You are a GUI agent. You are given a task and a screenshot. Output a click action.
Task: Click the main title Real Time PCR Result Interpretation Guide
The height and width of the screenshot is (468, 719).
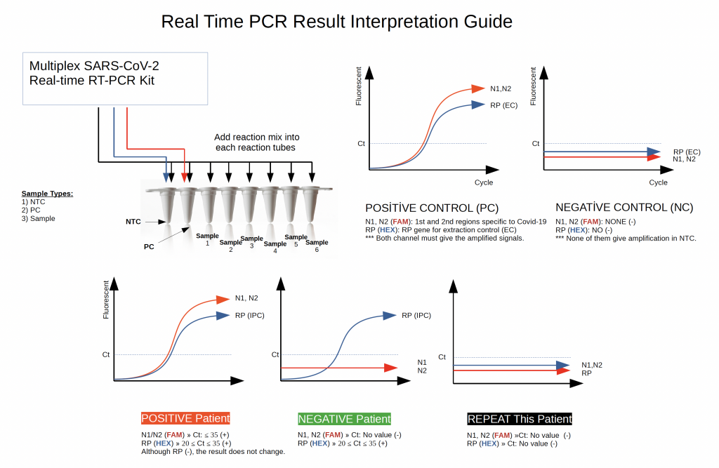pos(337,22)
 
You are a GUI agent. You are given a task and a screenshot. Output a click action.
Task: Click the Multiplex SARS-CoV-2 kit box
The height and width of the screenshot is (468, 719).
pos(115,79)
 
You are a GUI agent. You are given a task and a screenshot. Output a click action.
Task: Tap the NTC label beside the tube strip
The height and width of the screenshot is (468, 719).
pos(133,222)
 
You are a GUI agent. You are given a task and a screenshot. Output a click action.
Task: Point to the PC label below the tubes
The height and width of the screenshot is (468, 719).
pos(149,247)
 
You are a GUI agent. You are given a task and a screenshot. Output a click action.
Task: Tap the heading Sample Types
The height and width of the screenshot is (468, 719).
pos(47,193)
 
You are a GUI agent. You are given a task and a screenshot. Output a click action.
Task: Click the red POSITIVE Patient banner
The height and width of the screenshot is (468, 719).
pos(185,418)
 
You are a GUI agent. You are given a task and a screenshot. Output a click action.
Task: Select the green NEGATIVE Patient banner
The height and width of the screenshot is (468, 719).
pos(344,419)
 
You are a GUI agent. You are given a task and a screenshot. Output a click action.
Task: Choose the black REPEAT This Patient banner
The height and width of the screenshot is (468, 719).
pos(520,419)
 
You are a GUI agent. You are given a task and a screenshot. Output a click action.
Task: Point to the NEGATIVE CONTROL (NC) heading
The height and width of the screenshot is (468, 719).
pos(624,208)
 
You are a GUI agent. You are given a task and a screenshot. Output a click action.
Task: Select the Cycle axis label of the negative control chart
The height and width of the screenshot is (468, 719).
pos(658,182)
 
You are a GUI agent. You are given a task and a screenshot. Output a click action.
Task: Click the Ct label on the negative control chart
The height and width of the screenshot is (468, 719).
pos(536,143)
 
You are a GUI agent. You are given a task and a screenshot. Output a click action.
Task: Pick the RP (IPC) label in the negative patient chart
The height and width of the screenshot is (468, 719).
pos(416,315)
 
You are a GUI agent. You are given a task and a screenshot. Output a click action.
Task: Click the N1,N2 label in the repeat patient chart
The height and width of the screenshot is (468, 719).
pos(592,365)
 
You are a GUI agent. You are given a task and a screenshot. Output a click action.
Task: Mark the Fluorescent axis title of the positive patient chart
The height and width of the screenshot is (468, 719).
pos(106,300)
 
